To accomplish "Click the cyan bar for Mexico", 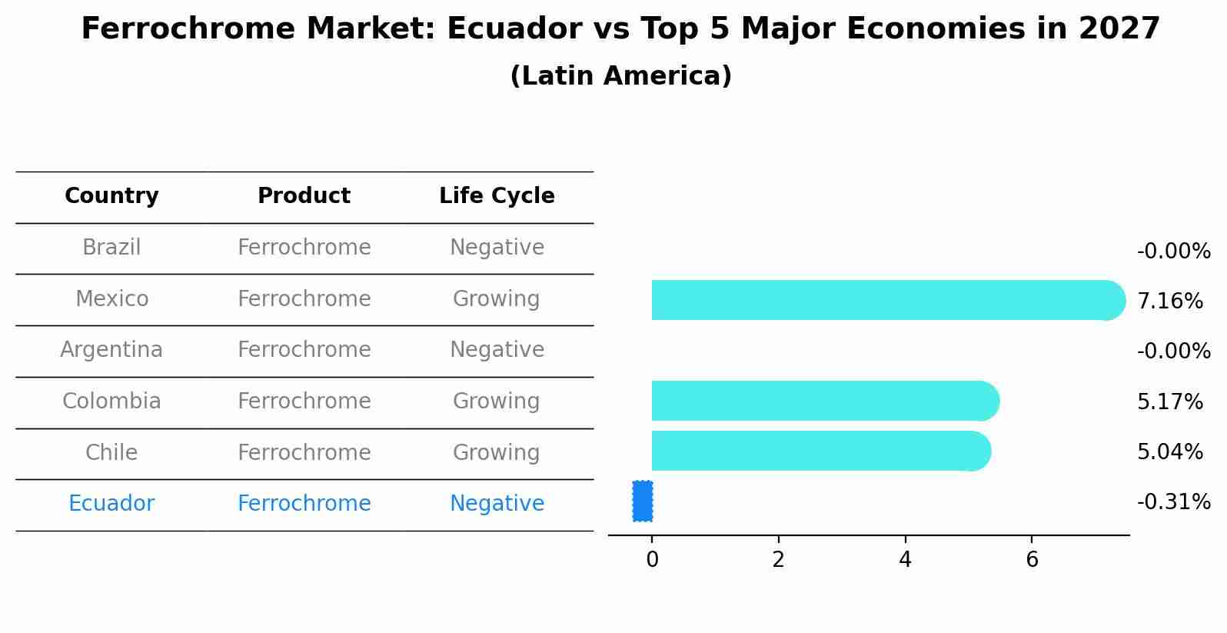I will (x=884, y=300).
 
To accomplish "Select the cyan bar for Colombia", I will (x=823, y=401).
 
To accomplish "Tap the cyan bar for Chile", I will (x=819, y=451).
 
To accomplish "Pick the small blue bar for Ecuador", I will (x=643, y=501).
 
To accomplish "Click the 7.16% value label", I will (x=1169, y=302).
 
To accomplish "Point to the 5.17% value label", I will (x=1169, y=402).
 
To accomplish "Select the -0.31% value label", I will (x=1173, y=502).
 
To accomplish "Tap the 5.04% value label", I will (x=1169, y=452).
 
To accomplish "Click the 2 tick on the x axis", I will (x=778, y=560).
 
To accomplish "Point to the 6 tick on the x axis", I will (x=1032, y=560).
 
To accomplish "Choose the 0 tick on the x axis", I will (x=652, y=560).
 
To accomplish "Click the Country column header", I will (x=111, y=196).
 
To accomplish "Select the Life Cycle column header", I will (x=497, y=196).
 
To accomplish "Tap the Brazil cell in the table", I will (x=111, y=248).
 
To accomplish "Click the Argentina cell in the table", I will (x=111, y=350).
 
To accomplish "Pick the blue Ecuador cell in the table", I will (x=111, y=504).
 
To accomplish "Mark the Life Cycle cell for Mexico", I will (x=497, y=298).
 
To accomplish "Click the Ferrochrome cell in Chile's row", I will (x=304, y=452).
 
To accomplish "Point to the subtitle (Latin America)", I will (x=620, y=76).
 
